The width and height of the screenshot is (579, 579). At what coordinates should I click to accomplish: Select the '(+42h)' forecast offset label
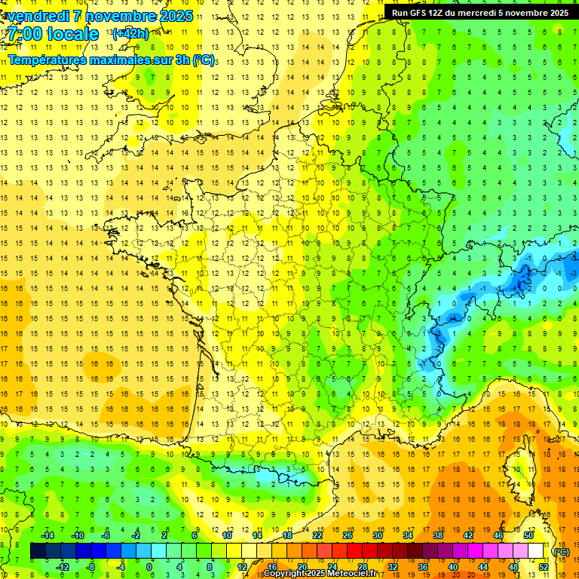click(x=130, y=33)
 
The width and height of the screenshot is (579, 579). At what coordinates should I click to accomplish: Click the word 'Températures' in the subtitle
click(x=47, y=60)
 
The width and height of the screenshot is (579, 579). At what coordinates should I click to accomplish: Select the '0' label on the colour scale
click(x=149, y=566)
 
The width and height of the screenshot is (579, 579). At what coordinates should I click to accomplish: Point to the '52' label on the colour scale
click(x=543, y=566)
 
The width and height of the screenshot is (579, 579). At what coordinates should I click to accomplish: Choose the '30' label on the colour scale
click(x=377, y=535)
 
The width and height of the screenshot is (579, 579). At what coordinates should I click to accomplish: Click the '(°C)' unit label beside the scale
click(x=561, y=551)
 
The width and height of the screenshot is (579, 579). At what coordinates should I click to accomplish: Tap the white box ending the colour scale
click(x=536, y=551)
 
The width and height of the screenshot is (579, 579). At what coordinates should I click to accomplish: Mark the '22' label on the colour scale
click(x=317, y=535)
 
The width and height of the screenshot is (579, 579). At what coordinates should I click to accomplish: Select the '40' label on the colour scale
click(x=452, y=566)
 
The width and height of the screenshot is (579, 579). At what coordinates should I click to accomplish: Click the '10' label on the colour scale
click(x=226, y=535)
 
